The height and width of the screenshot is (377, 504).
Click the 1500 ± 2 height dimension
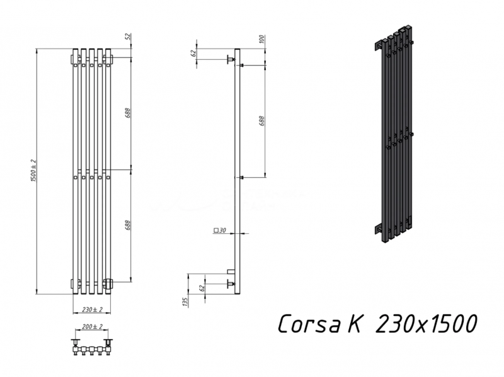click(33, 170)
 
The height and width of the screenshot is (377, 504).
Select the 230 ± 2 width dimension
click(91, 309)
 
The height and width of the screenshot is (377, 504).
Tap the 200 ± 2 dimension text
click(91, 327)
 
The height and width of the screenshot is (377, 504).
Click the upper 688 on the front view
click(128, 113)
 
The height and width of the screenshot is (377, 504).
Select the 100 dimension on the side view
click(261, 39)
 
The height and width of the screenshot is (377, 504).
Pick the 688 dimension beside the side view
click(261, 120)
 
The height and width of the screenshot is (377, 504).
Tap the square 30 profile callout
click(220, 231)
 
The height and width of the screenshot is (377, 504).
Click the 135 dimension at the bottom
click(185, 301)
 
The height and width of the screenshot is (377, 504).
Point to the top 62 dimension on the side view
click(194, 53)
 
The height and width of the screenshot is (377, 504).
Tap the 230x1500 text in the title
click(425, 324)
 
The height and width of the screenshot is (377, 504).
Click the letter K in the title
click(355, 324)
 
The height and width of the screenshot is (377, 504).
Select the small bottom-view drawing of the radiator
click(91, 347)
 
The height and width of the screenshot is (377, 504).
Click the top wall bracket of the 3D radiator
click(380, 46)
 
